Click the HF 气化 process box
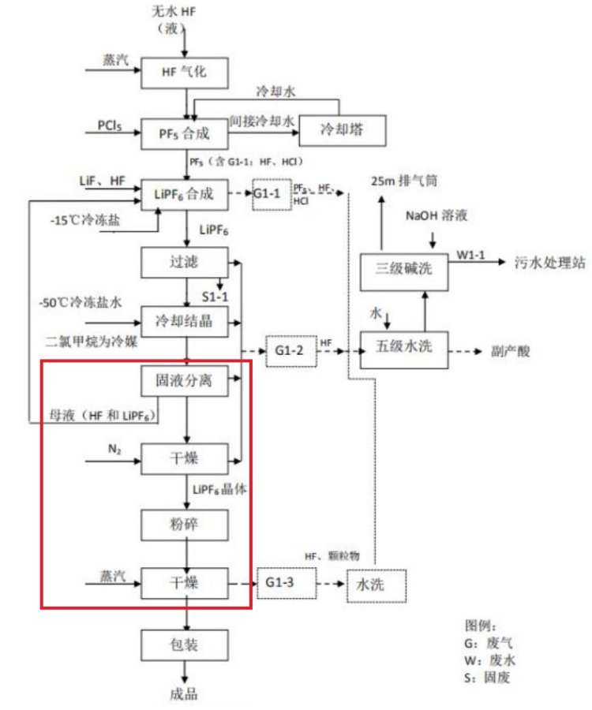(185, 73)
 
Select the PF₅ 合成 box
(185, 133)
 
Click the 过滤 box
(185, 261)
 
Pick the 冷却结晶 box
(185, 320)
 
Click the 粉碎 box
(185, 523)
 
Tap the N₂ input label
(114, 449)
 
